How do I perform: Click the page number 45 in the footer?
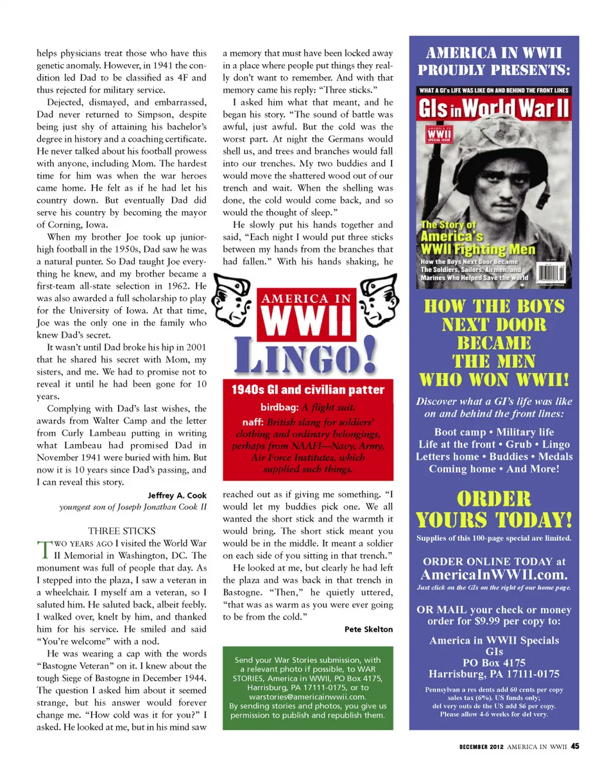click(576, 746)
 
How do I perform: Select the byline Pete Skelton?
click(368, 629)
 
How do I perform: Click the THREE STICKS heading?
click(121, 531)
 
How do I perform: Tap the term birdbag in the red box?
click(279, 407)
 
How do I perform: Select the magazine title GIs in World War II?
click(494, 108)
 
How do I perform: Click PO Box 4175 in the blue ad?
click(493, 662)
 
